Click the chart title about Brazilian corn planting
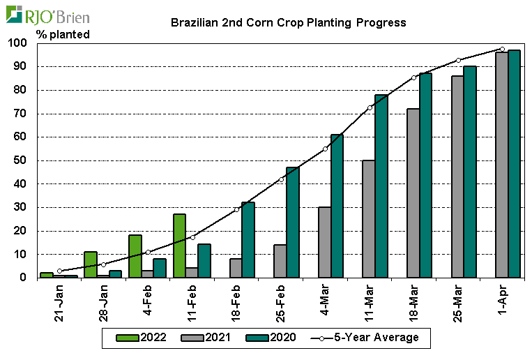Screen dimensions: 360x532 [289, 22]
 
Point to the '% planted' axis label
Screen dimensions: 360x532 [63, 34]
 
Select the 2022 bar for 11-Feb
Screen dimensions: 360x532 [179, 246]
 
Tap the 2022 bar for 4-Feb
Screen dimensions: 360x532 [135, 256]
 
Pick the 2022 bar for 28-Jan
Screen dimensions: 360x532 [91, 264]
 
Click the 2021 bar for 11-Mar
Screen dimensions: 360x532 [368, 219]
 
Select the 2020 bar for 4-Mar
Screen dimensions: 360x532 [337, 206]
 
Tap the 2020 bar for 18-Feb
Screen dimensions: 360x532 [248, 240]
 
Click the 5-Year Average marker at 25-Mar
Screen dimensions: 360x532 [458, 60]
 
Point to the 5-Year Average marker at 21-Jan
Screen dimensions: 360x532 [59, 271]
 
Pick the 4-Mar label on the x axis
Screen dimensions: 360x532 [325, 304]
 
